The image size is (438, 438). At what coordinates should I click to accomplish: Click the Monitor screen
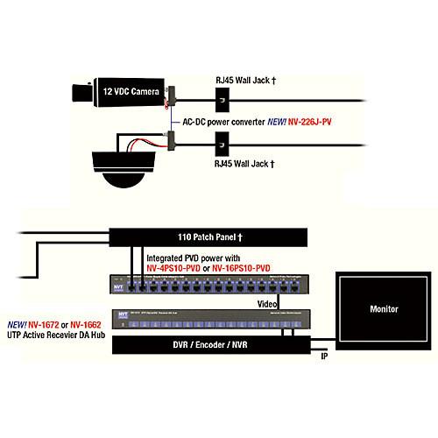[383, 309]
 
